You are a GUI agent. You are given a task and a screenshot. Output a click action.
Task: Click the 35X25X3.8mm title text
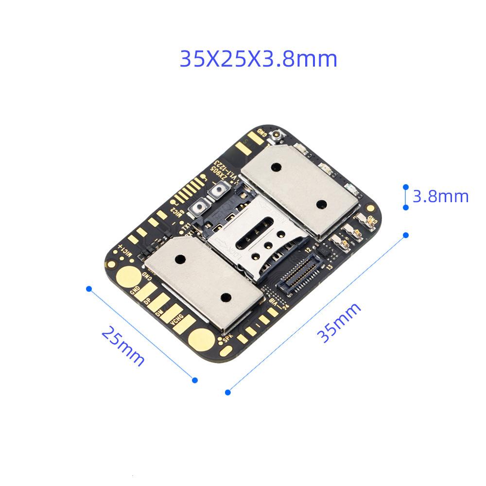(258, 59)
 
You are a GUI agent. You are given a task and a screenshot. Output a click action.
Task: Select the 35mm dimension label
(339, 322)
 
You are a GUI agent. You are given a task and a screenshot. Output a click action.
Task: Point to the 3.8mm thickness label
(440, 196)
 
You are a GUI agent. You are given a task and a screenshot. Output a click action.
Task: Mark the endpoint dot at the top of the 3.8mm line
(406, 187)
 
